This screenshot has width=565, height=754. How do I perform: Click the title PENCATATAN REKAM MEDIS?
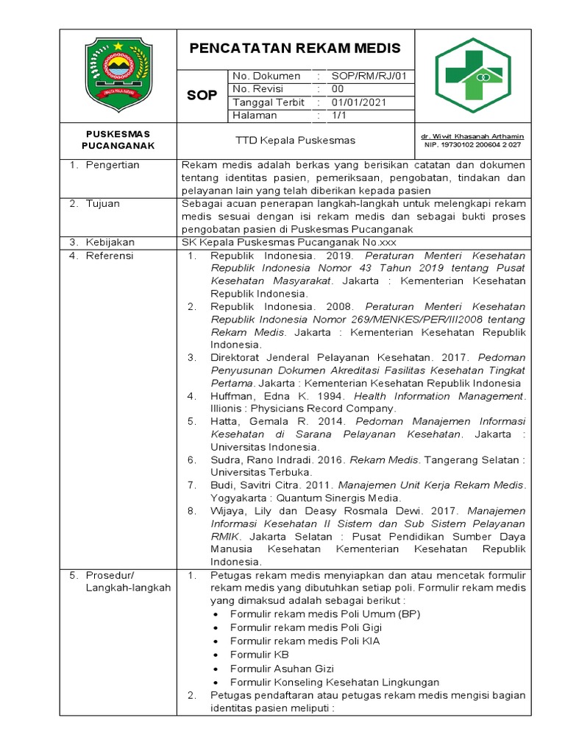pos(296,49)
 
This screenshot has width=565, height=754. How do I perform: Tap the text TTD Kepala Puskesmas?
pos(295,140)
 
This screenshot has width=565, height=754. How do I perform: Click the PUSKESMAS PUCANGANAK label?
pos(118,140)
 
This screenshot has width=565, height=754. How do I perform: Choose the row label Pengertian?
pos(113,165)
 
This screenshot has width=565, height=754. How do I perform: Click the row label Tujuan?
pos(103,203)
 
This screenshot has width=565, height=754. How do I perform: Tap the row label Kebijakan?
pos(109,242)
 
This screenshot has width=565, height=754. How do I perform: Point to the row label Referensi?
pos(110,256)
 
